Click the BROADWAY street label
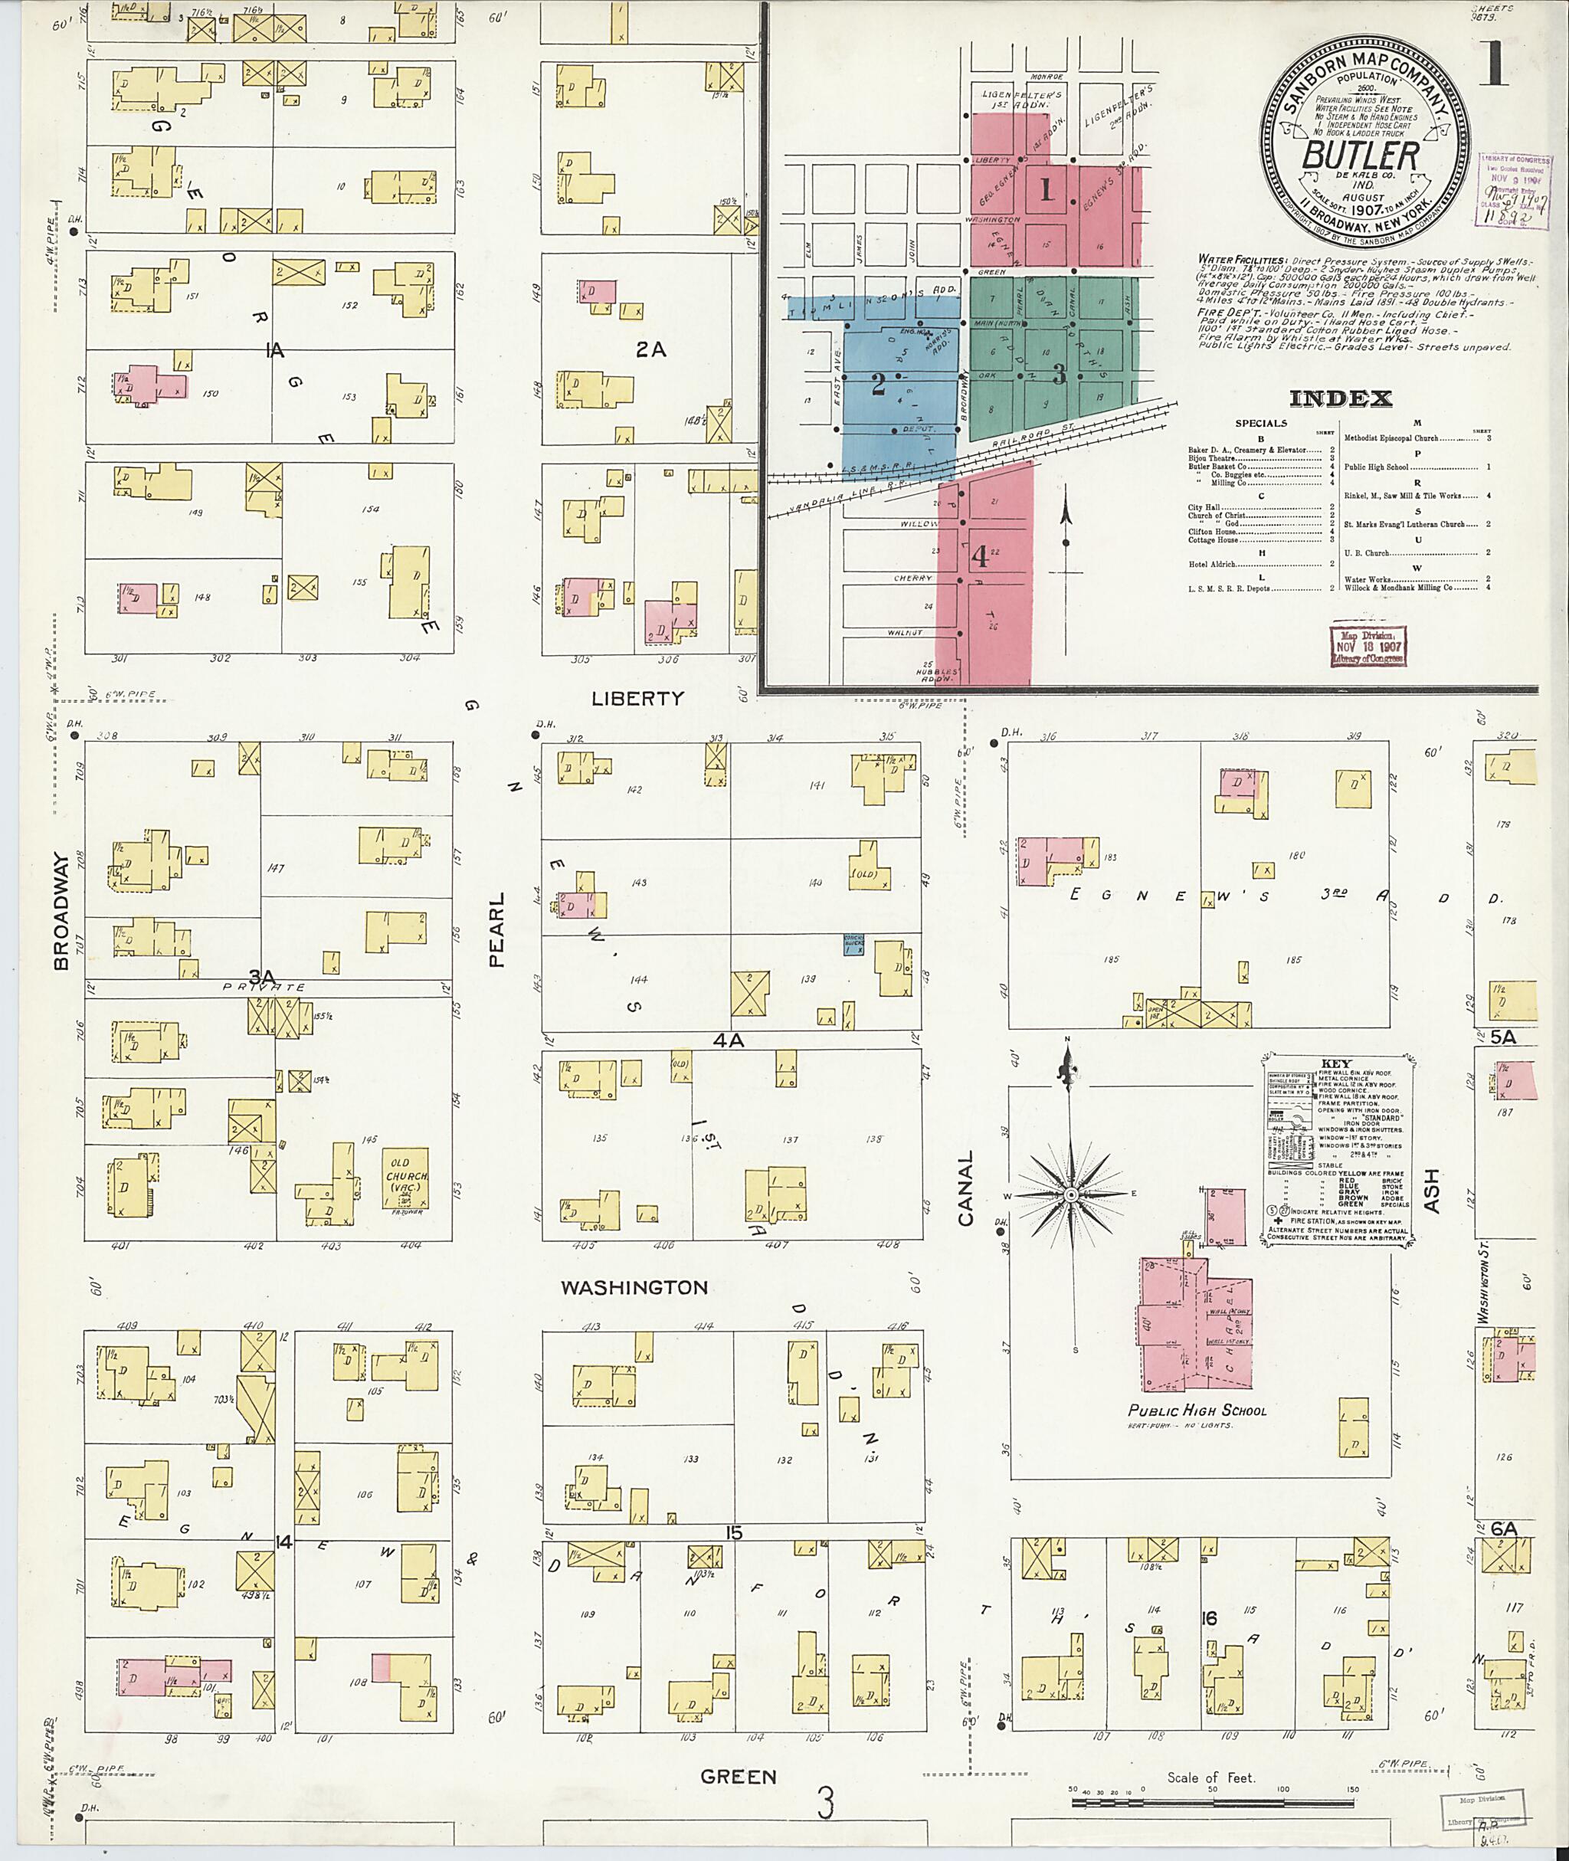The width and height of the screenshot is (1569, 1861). click(61, 911)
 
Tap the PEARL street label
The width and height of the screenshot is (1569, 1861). click(496, 930)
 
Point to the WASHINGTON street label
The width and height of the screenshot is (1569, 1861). click(634, 1287)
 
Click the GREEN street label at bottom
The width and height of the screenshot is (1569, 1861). click(739, 1777)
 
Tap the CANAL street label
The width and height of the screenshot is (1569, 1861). click(966, 1188)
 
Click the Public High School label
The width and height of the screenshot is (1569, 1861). click(1197, 1410)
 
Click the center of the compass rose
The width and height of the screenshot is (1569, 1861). click(1071, 1194)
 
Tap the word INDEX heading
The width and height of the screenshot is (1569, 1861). click(1341, 399)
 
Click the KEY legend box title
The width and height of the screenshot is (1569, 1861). click(1336, 1064)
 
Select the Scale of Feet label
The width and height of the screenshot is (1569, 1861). click(1210, 1777)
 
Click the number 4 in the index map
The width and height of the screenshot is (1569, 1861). click(979, 558)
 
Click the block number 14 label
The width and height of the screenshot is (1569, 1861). click(283, 1542)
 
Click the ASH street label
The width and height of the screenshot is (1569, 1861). click(1431, 1191)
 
